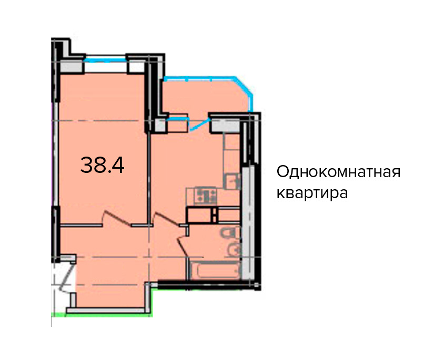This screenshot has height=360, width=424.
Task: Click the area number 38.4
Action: coord(102,165)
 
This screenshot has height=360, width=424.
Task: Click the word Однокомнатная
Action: coord(338,172)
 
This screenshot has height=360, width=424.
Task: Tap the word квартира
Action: coord(312,193)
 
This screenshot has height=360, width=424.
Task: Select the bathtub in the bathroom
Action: coord(215,270)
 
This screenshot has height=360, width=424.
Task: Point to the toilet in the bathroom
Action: coord(230,232)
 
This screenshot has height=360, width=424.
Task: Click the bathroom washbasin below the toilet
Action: coord(233,249)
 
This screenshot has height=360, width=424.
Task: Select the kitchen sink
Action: coord(233,181)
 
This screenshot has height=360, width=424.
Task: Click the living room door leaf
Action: coord(117,218)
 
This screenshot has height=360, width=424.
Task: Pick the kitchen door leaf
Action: coord(167,219)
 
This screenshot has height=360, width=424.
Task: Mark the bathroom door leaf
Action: coord(183,246)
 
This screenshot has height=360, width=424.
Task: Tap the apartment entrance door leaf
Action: coord(67,275)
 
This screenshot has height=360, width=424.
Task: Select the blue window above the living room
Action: coord(105,59)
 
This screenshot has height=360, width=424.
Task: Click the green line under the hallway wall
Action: coord(102,314)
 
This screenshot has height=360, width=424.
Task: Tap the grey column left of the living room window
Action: coord(71,67)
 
